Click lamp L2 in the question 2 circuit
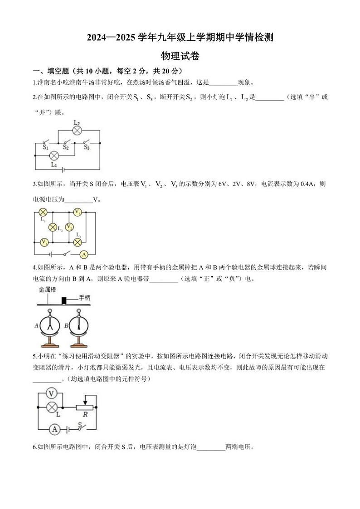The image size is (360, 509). click(x=77, y=131)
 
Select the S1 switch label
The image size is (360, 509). click(x=45, y=147)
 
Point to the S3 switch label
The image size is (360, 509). click(x=86, y=147)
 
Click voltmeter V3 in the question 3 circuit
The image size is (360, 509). click(x=78, y=212)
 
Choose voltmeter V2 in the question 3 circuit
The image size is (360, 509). click(x=69, y=227)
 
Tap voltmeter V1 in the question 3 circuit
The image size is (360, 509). click(x=44, y=242)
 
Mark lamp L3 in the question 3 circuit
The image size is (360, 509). click(x=78, y=242)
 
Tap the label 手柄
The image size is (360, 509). click(x=85, y=298)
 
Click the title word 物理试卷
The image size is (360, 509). click(x=180, y=56)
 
